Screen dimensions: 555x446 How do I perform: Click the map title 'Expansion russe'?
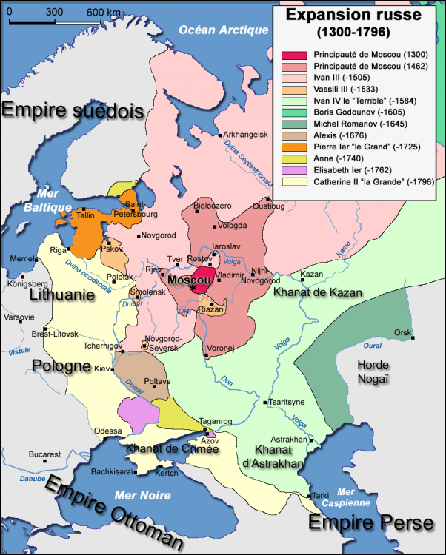click(x=354, y=15)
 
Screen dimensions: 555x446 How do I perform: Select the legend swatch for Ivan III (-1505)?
click(x=294, y=79)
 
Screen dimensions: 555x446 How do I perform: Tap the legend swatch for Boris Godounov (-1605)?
click(x=294, y=112)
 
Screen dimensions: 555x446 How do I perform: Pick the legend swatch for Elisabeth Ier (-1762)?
click(x=294, y=169)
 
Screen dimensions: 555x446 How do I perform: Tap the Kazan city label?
click(x=313, y=275)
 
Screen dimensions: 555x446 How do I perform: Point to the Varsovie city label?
click(x=20, y=317)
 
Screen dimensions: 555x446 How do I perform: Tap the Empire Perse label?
click(x=370, y=523)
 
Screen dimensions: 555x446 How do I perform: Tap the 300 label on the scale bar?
click(x=54, y=12)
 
